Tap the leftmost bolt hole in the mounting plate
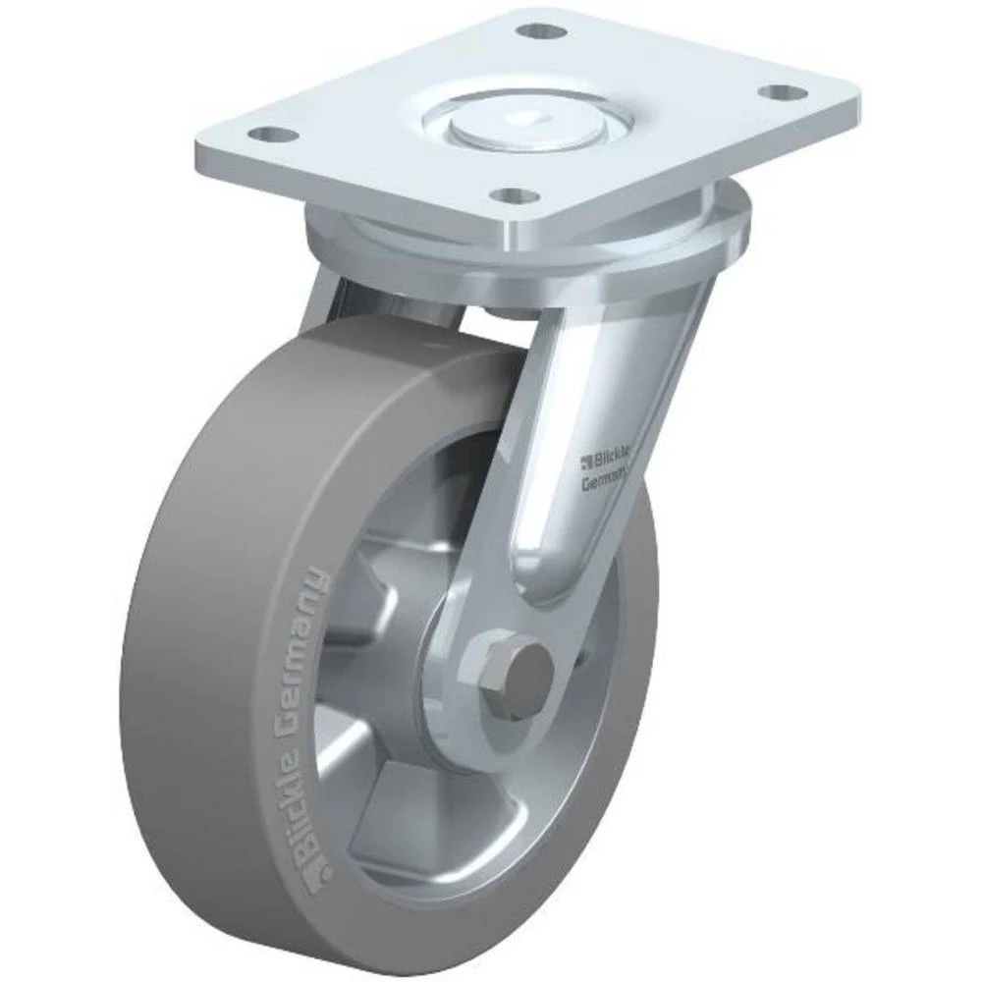click(263, 135)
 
